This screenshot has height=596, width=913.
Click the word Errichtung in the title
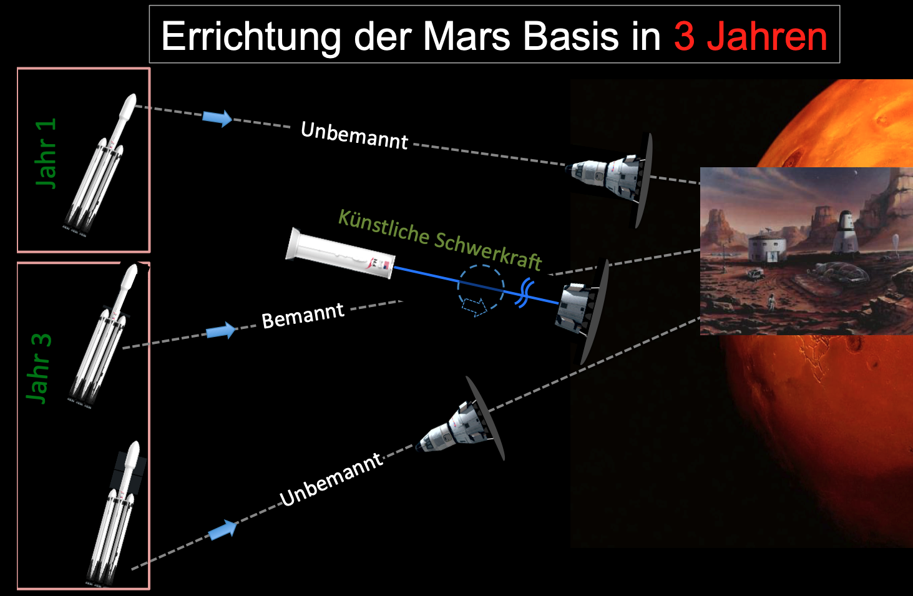pos(251,37)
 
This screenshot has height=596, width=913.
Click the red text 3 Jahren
pos(751,37)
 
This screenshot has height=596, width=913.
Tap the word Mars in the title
pos(467,37)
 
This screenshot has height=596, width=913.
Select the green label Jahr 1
pos(46,154)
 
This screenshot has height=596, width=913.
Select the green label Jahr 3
pos(39,369)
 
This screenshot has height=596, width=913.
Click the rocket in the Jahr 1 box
pos(99,165)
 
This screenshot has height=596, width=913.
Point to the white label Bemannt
pos(303,316)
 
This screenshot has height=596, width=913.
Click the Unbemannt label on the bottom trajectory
pos(331,480)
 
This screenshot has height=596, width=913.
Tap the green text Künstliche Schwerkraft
pos(440,240)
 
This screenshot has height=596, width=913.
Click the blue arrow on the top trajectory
pos(217,118)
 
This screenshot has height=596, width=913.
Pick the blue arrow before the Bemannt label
pos(221,331)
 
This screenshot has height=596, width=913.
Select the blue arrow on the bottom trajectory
pos(223,530)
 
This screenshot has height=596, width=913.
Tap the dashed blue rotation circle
pos(481,288)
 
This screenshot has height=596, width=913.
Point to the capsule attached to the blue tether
pos(582,312)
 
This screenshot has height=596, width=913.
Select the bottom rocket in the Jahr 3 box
pos(116,514)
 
